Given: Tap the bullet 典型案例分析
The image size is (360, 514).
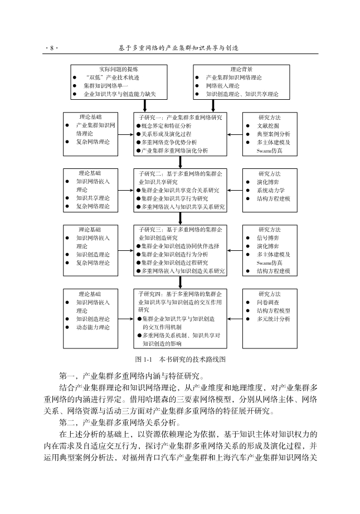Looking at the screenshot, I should click(x=273, y=134).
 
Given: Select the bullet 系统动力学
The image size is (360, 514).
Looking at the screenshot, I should click(x=271, y=190).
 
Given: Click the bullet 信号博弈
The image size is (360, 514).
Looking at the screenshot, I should click(x=267, y=237).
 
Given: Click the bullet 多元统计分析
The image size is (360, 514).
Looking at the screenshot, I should click(x=273, y=319).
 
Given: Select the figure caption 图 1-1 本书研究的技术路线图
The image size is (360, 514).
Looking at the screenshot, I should click(x=179, y=360).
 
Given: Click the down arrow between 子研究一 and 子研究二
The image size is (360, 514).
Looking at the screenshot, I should click(x=181, y=161).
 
